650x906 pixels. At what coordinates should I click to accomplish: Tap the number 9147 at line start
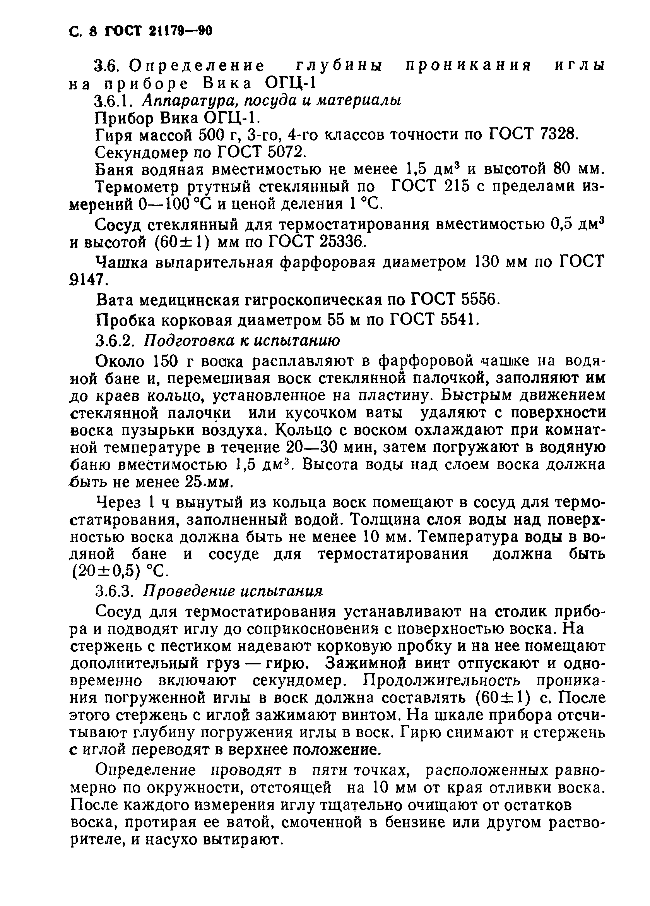pos(88,280)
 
